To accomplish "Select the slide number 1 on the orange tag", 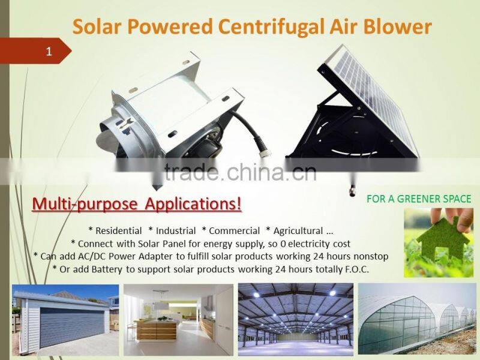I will tap(49, 52).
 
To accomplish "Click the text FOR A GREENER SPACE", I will tap(419, 199).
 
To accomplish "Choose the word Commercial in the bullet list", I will tap(231, 230).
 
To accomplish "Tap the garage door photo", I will tap(65, 320).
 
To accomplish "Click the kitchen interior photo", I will tap(178, 320).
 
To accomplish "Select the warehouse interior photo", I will tap(295, 320).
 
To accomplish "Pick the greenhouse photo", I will tap(417, 320).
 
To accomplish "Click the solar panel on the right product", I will tap(372, 96).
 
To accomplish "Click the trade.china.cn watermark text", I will tap(240, 172).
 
